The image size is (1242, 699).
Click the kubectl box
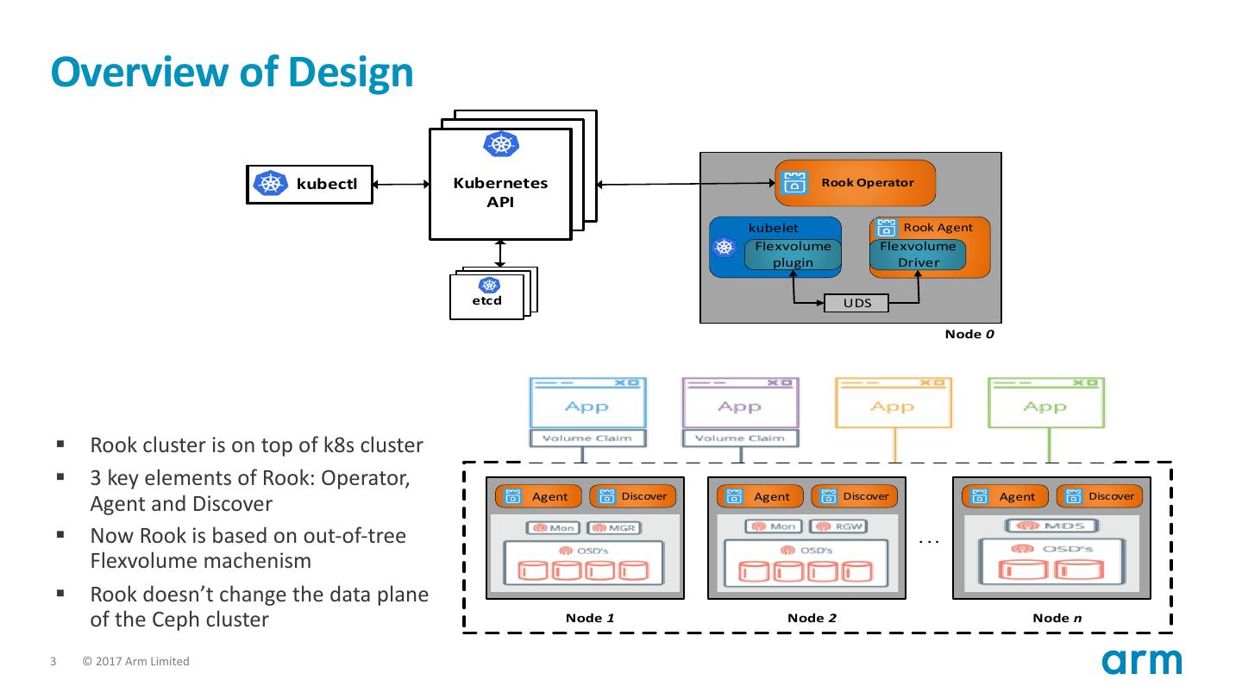pyautogui.click(x=310, y=184)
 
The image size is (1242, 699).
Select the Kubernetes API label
pyautogui.click(x=500, y=192)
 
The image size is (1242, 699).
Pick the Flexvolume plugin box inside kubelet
pyautogui.click(x=793, y=255)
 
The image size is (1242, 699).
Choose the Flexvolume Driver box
pyautogui.click(x=918, y=255)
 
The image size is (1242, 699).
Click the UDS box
pyautogui.click(x=856, y=304)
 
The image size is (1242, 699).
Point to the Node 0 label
pyautogui.click(x=969, y=334)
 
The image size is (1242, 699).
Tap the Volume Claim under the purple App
pyautogui.click(x=740, y=438)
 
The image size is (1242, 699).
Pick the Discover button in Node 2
pyautogui.click(x=854, y=496)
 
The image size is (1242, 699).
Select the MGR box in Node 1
pyautogui.click(x=613, y=527)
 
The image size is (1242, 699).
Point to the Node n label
pyautogui.click(x=1057, y=617)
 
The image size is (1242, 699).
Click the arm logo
pyautogui.click(x=1141, y=662)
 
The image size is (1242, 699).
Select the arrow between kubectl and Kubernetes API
pyautogui.click(x=401, y=184)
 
